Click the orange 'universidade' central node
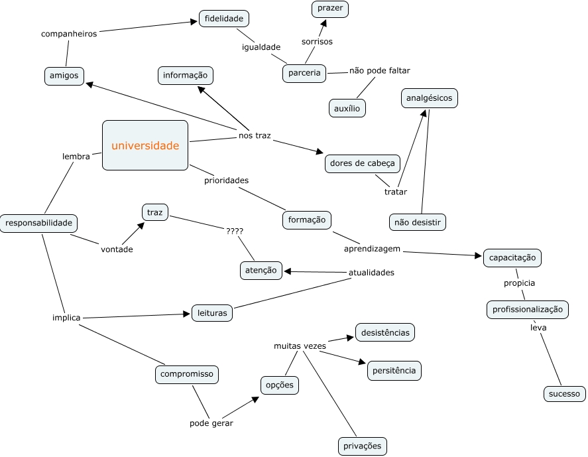point(145,145)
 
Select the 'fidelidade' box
point(223,19)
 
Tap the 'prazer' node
point(330,9)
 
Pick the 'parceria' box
point(305,73)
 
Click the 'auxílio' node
point(347,107)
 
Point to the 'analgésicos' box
point(430,98)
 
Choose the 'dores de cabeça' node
point(362,163)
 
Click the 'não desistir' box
point(417,222)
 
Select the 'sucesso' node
point(564,394)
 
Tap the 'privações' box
point(362,446)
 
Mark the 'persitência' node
point(394,371)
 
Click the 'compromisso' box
point(187,375)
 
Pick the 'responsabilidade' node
point(38,224)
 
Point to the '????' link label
point(234,231)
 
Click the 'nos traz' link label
point(255,136)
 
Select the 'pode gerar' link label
point(211,423)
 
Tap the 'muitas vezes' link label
point(300,346)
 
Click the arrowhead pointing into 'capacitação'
point(477,255)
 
